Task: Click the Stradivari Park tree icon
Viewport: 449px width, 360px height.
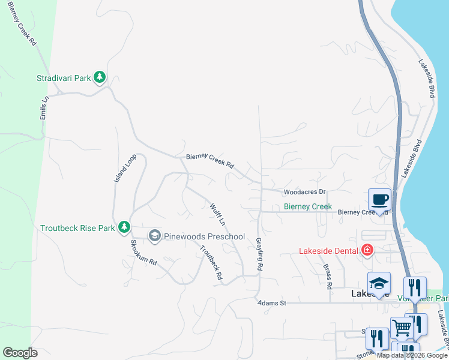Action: click(x=100, y=77)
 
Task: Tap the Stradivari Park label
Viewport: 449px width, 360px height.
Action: click(x=64, y=78)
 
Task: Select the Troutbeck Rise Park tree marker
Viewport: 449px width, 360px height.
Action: click(x=124, y=227)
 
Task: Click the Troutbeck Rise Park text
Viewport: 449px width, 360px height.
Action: click(x=77, y=228)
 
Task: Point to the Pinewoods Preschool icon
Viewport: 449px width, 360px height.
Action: click(x=154, y=236)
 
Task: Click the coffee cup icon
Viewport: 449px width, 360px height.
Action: click(x=379, y=199)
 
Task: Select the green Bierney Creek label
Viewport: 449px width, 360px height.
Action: click(x=307, y=206)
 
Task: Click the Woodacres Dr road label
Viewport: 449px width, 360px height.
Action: click(x=304, y=192)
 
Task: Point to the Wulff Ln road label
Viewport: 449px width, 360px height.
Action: click(x=217, y=214)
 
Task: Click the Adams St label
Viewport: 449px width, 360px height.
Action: click(x=272, y=304)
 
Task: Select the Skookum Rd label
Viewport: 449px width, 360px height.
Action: click(x=143, y=253)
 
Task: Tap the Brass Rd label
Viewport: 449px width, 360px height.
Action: click(x=328, y=277)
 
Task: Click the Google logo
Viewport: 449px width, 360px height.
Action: click(x=20, y=353)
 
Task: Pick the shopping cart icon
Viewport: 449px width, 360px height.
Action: click(x=401, y=328)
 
